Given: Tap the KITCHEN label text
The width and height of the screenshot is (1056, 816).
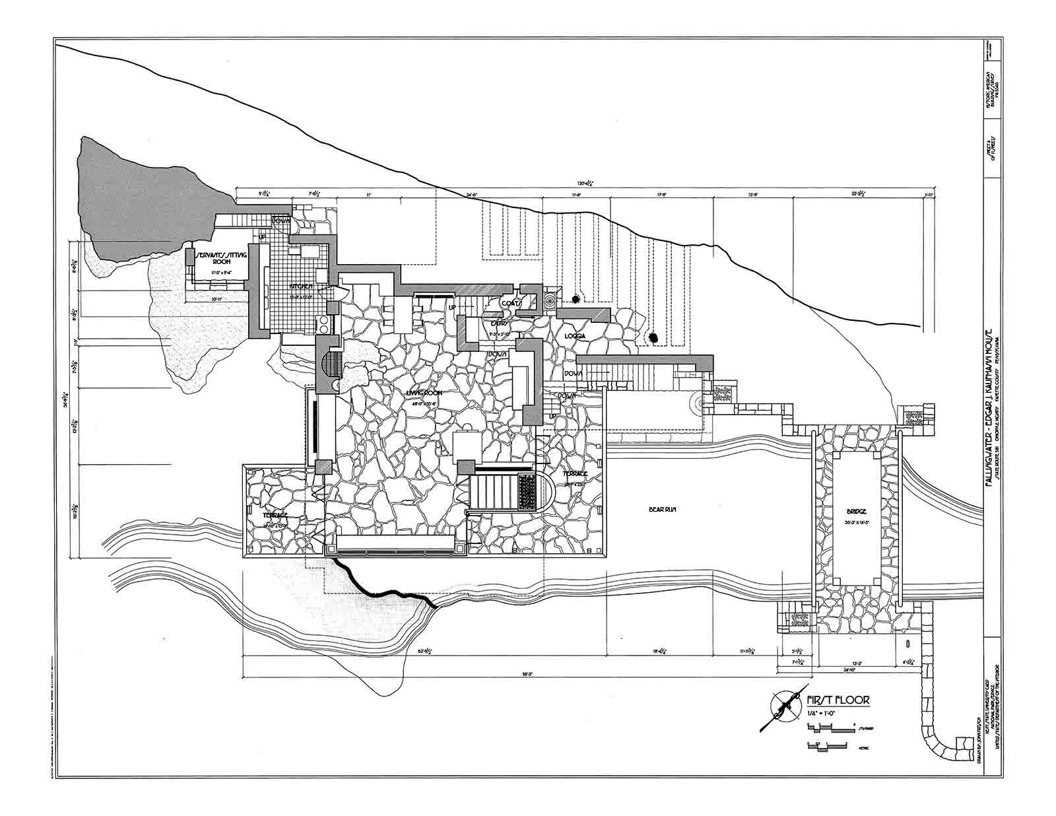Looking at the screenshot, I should click(302, 287).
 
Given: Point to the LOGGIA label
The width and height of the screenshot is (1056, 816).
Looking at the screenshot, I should click(576, 336).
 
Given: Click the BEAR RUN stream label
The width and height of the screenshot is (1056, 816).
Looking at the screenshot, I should click(660, 509).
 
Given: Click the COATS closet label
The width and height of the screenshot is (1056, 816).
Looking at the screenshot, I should click(510, 304).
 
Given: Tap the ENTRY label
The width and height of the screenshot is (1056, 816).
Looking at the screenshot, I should click(499, 323).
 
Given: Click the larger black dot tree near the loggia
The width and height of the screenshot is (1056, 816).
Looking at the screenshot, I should click(653, 337).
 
